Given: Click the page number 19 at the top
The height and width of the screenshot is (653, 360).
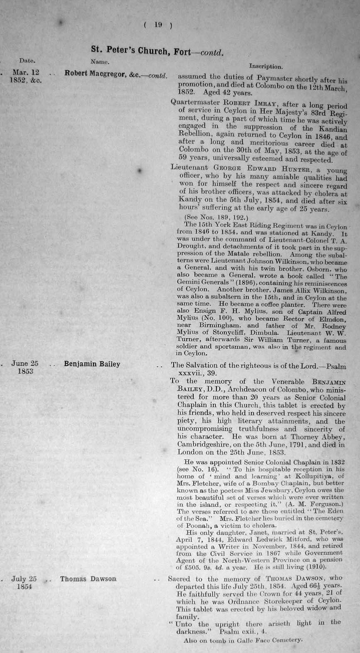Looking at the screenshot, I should (x=158, y=25).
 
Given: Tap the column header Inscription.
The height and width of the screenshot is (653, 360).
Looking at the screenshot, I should (x=266, y=66).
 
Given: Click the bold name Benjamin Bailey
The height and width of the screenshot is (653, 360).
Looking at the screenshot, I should (x=92, y=364).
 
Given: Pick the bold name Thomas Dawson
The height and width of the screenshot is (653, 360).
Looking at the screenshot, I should (x=88, y=579).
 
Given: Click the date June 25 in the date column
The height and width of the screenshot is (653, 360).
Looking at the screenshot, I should (x=25, y=363).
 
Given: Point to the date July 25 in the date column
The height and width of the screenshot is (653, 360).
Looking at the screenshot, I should (x=24, y=579).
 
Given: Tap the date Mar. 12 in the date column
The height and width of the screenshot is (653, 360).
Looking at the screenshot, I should (x=26, y=73).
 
